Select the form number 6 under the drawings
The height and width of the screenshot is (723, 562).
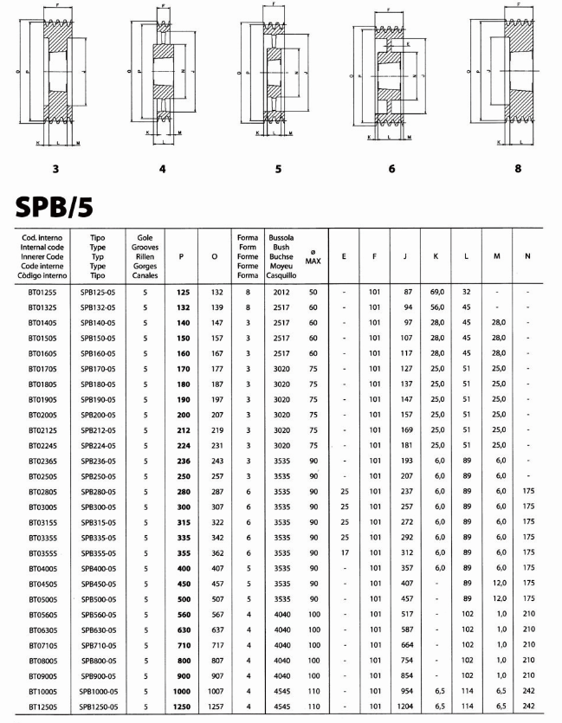pos(391,169)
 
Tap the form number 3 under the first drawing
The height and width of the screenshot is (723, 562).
pos(55,169)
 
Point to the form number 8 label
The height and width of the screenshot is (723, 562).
pos(518,169)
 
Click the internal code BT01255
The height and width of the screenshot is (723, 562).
pos(42,293)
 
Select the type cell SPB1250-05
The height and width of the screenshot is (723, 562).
pos(99,707)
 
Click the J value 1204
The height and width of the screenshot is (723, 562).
pos(406,707)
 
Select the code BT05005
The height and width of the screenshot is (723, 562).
pos(42,597)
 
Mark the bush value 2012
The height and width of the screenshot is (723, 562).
pos(281,293)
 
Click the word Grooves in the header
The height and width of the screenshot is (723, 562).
pos(145,246)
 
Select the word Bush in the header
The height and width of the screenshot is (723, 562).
pos(280,246)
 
